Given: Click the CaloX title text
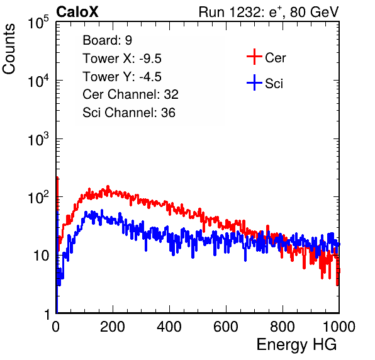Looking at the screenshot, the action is click(77, 12).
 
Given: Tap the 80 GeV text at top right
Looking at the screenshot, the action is click(314, 12).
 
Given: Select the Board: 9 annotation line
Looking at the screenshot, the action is click(107, 40).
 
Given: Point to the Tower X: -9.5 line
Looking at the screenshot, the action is click(122, 59).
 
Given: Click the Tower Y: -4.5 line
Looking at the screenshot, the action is click(122, 77).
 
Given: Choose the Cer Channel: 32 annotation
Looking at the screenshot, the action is click(130, 94).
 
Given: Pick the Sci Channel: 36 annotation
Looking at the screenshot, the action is click(129, 113).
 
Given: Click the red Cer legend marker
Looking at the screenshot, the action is click(254, 57).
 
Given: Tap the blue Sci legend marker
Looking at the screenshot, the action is click(254, 82).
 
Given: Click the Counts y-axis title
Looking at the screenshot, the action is click(9, 49).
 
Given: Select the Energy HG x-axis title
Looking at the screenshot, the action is click(296, 345).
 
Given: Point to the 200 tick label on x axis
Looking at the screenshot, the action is click(113, 327).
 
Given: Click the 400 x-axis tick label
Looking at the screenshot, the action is click(169, 327).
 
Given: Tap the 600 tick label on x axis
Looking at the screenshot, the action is click(226, 327).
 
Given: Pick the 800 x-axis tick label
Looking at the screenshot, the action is click(283, 327).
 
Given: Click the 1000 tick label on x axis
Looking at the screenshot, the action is click(339, 327).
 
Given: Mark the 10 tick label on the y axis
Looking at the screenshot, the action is click(42, 256).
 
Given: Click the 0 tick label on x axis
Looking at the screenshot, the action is click(56, 327).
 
